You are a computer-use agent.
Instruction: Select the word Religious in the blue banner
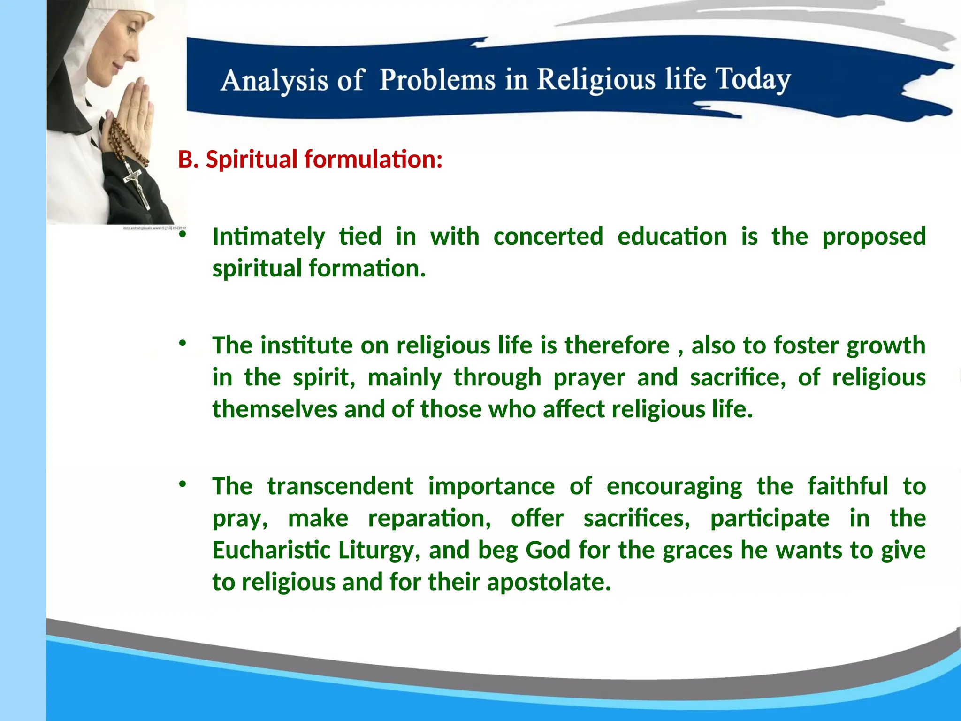pyautogui.click(x=596, y=79)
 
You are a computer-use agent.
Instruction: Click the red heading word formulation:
pyautogui.click(x=374, y=159)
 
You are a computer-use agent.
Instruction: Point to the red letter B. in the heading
pyautogui.click(x=189, y=159)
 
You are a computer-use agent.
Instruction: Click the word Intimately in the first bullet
pyautogui.click(x=268, y=236)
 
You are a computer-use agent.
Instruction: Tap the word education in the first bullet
pyautogui.click(x=672, y=236)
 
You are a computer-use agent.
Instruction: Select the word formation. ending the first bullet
pyautogui.click(x=367, y=268)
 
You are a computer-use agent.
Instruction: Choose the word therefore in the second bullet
pyautogui.click(x=617, y=345)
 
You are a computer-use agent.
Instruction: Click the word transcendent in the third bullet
pyautogui.click(x=340, y=486)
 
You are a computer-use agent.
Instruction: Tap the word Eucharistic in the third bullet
pyautogui.click(x=271, y=550)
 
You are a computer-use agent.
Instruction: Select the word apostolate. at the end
pyautogui.click(x=549, y=582)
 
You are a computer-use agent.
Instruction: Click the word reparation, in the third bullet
pyautogui.click(x=429, y=518)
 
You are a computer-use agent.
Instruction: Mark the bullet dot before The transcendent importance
pyautogui.click(x=183, y=484)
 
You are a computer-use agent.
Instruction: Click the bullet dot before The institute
pyautogui.click(x=183, y=343)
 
